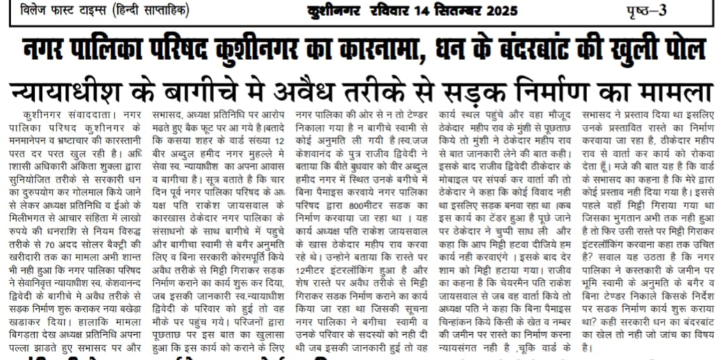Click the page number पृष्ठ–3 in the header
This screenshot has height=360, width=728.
pos(676,13)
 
